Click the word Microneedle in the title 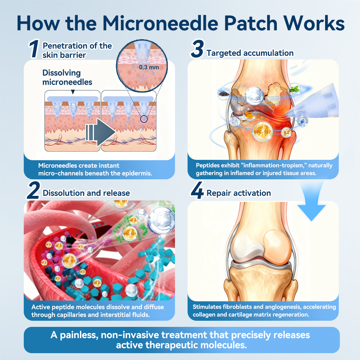(160, 23)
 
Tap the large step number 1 (34, 49)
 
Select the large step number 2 (33, 190)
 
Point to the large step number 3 (197, 49)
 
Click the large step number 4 (197, 190)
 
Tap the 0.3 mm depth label (149, 67)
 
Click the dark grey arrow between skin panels (100, 132)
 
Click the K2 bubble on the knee (286, 132)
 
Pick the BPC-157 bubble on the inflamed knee (262, 132)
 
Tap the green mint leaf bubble (294, 89)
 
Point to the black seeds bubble (224, 94)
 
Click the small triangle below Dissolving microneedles (73, 92)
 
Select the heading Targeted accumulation (250, 53)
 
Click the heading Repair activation (239, 193)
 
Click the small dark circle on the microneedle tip (144, 119)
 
